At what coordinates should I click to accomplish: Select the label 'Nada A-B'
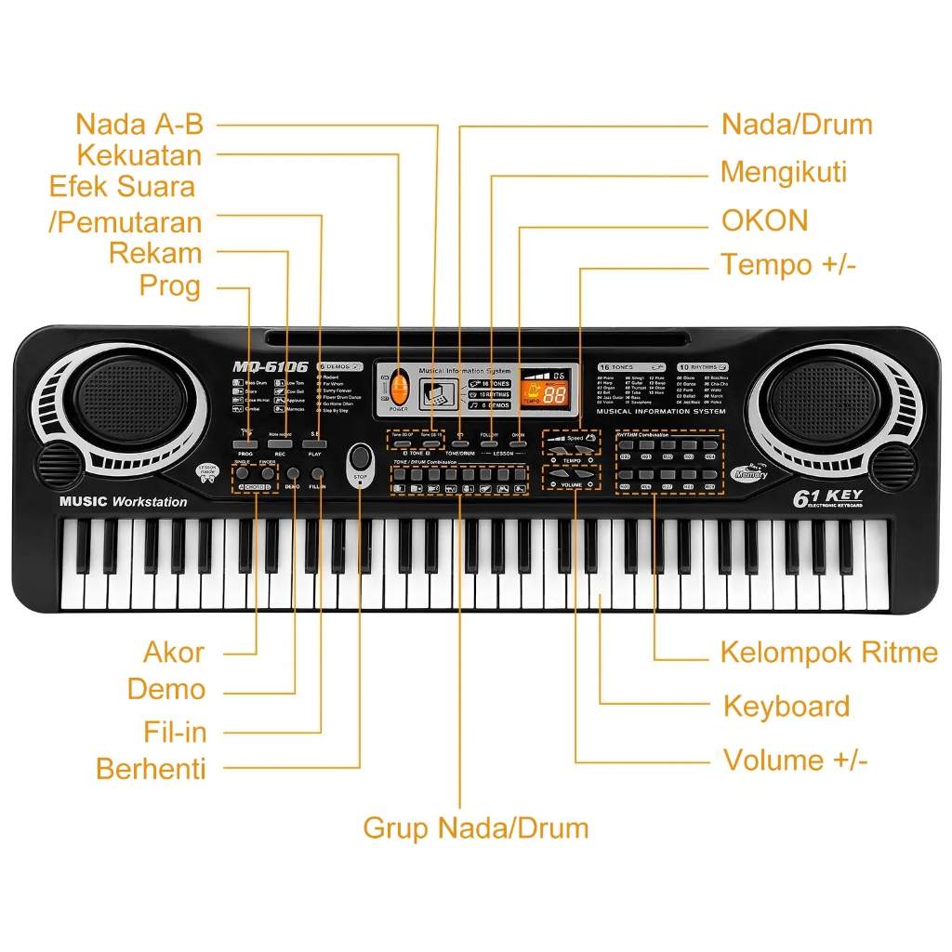point(139,124)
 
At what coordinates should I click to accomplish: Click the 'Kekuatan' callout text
point(139,154)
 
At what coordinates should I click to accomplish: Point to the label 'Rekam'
point(155,253)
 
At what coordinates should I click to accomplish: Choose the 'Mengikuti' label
point(784,172)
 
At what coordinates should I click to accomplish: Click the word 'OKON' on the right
point(765,220)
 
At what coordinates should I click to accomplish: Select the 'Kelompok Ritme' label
point(828,653)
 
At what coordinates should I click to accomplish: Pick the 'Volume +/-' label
point(795,760)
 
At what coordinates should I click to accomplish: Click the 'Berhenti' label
point(151,769)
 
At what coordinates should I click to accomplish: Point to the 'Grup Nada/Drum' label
point(475,827)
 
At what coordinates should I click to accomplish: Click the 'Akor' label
point(174,653)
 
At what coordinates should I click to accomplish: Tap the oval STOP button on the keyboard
point(361,460)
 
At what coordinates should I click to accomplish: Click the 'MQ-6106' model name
point(271,367)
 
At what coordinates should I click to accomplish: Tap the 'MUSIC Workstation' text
point(123,502)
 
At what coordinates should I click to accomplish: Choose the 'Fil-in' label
point(175,732)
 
